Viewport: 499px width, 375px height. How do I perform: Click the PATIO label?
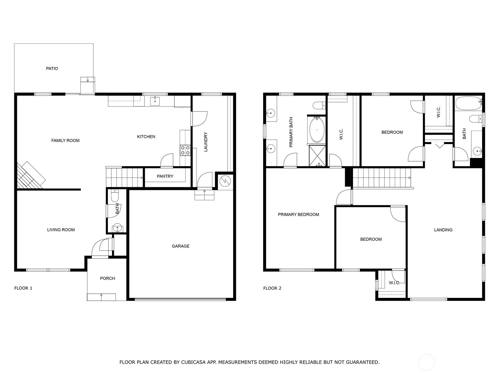52,68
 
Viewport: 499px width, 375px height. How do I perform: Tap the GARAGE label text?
181,246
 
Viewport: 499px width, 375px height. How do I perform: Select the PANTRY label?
165,176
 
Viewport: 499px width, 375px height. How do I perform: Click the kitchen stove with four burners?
185,150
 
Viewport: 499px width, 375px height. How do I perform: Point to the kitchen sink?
155,101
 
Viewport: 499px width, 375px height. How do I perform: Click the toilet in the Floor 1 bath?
115,196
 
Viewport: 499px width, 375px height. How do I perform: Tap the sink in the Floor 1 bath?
117,228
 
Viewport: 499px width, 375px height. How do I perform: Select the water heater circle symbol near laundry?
225,181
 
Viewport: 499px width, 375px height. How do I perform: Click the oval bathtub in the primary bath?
317,130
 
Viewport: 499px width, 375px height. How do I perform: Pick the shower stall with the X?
317,156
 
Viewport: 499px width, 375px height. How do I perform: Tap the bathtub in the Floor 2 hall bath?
468,103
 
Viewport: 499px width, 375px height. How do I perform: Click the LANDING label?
443,230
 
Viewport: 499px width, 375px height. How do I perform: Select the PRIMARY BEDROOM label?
298,214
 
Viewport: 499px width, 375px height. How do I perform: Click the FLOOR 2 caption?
272,288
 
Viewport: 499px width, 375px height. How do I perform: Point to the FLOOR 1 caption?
23,288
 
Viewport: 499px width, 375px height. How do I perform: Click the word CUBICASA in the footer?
192,362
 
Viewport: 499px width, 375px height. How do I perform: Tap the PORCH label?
108,278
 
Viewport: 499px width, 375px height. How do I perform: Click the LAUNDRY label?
206,142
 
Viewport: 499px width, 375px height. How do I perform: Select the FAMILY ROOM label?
65,141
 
